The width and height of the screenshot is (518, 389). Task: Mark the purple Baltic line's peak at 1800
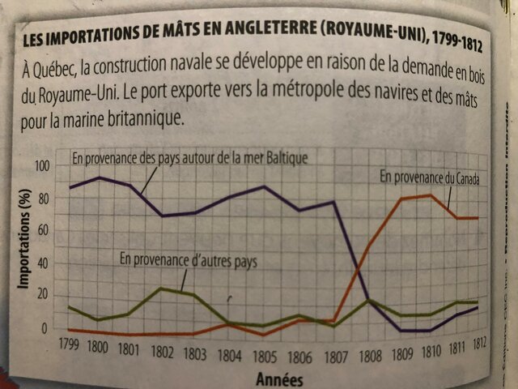[100, 177]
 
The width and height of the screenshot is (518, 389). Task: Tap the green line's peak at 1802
[163, 288]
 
